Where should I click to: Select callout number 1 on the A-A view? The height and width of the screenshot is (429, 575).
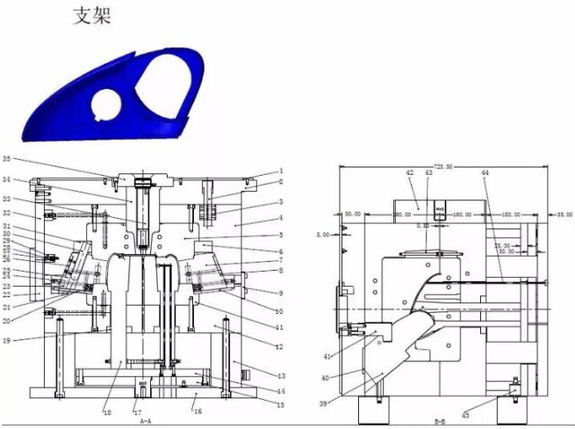pos(281,171)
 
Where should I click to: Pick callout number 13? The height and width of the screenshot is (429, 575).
pos(281,374)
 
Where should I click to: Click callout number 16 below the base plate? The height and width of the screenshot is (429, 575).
pos(198,411)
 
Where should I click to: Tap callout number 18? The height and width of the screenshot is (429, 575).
pos(107,411)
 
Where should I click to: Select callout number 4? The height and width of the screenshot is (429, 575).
pos(281,217)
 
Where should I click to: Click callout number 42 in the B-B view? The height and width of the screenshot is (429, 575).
pos(409,173)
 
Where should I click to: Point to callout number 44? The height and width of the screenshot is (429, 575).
pos(485,173)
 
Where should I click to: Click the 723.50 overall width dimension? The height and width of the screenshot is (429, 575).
pos(443,166)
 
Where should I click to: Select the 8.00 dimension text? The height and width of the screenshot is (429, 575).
pos(322,235)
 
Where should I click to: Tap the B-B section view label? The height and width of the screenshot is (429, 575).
pos(439,422)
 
